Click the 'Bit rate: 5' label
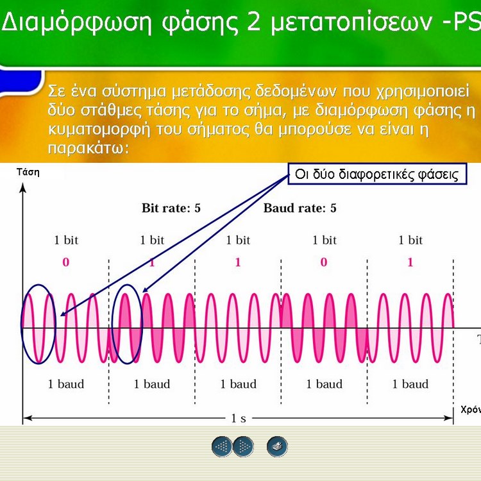tap(171, 208)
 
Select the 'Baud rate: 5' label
tap(300, 208)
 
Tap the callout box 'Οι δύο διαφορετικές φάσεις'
tap(377, 174)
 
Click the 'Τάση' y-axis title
tap(28, 172)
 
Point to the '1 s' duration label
tap(239, 418)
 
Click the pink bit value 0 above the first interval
tap(65, 262)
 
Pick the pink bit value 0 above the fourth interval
tap(324, 262)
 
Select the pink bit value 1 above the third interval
tap(238, 262)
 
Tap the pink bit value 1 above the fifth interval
tap(410, 262)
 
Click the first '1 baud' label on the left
tap(66, 384)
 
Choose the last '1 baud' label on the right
tap(410, 384)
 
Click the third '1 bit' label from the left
tap(238, 240)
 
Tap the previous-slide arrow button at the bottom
tap(222, 446)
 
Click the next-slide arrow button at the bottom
tap(243, 446)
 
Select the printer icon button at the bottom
tap(277, 446)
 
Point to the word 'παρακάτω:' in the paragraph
tap(89, 149)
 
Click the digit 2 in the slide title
tap(254, 21)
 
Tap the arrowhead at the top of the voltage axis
tap(22, 187)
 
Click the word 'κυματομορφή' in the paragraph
tap(99, 130)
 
